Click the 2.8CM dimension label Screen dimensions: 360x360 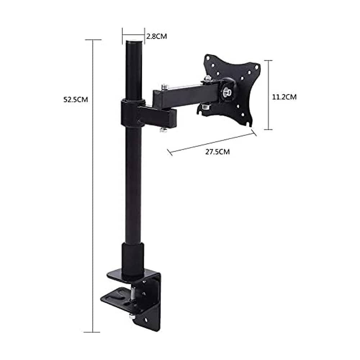click(x=156, y=36)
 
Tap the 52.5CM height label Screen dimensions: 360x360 click(x=76, y=100)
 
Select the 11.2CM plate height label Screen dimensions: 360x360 click(x=284, y=97)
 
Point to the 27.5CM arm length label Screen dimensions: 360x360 click(x=217, y=152)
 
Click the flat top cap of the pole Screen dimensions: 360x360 click(x=134, y=42)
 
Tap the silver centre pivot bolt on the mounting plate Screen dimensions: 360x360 click(x=227, y=91)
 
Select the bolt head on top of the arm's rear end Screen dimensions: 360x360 click(x=165, y=87)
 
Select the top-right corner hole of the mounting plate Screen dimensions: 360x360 click(x=257, y=67)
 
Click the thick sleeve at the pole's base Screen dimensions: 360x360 click(x=132, y=260)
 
